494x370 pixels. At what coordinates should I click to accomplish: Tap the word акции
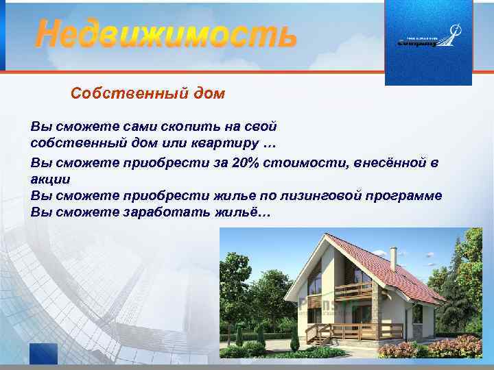[x=50, y=180]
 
